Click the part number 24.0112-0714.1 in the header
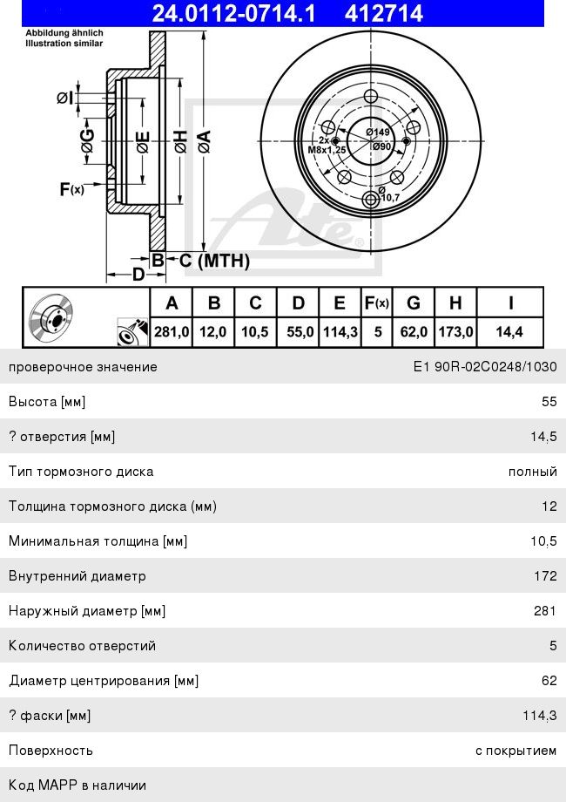(234, 13)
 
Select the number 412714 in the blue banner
(384, 13)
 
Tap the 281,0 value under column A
(172, 331)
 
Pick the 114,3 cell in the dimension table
(340, 331)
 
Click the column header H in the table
(455, 303)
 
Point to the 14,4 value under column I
(510, 331)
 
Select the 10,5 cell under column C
(256, 331)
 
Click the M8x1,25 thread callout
(327, 150)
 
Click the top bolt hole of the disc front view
(371, 97)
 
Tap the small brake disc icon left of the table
(51, 315)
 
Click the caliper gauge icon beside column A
(128, 331)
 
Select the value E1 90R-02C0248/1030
(484, 367)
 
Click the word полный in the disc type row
(533, 472)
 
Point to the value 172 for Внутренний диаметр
(545, 576)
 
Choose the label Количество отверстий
(82, 646)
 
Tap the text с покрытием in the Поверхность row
(516, 751)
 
